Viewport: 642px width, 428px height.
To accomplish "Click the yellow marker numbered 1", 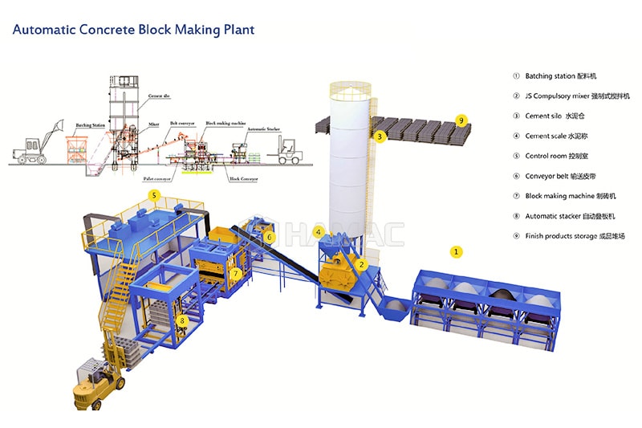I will [457, 251].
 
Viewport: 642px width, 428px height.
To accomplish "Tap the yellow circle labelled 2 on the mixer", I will [362, 264].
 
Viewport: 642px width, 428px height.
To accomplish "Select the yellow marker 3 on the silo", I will [380, 137].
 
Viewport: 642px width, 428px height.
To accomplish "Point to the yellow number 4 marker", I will [319, 233].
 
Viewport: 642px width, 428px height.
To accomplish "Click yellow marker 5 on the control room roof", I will [155, 194].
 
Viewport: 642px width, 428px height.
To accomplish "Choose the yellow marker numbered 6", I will [270, 237].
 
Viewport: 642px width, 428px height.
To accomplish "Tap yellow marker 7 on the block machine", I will [235, 273].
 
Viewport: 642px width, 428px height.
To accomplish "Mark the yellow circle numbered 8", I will [182, 321].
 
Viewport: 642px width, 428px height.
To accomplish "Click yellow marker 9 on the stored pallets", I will [461, 120].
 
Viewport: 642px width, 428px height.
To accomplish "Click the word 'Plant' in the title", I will [236, 30].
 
